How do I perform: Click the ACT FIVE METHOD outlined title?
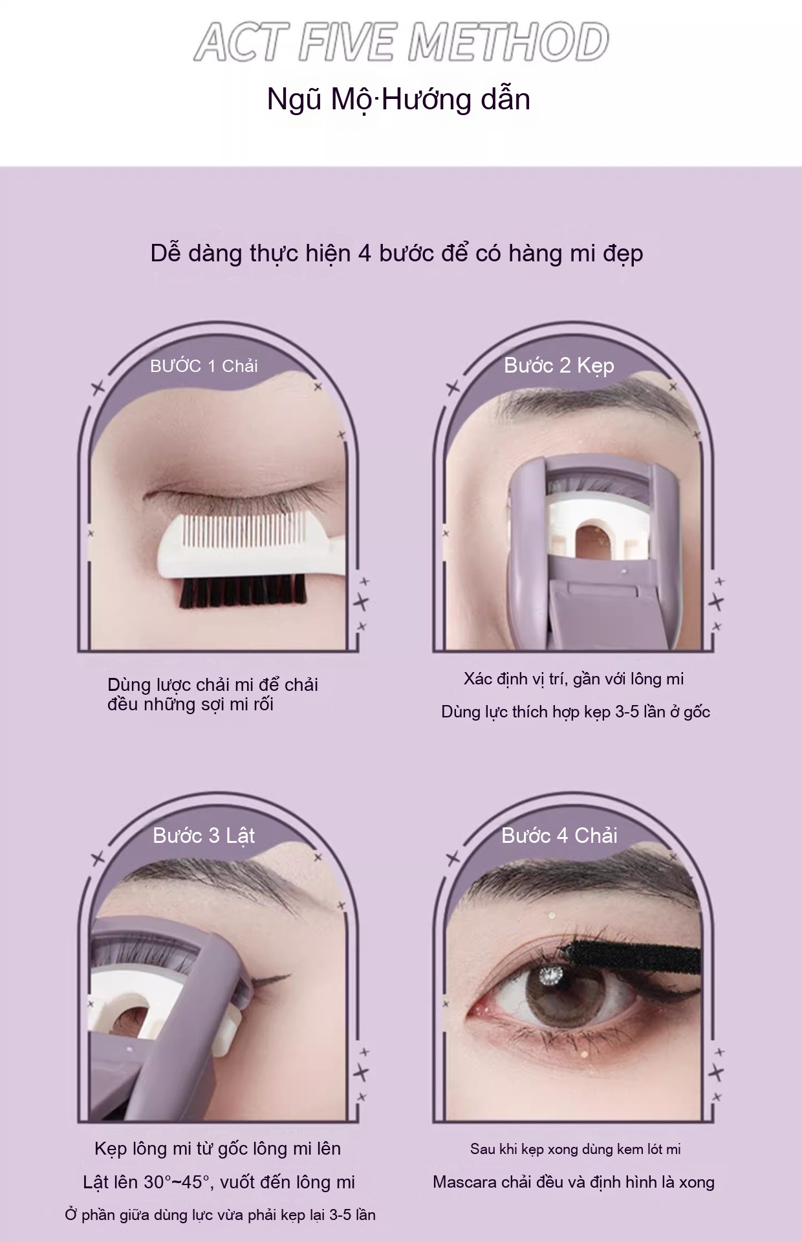click(x=401, y=43)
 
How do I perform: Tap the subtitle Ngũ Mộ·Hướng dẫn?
click(x=399, y=100)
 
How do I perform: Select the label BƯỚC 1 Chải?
click(x=204, y=366)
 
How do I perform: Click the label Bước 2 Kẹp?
click(x=559, y=366)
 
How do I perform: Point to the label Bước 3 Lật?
click(x=204, y=836)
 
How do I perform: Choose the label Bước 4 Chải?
click(x=559, y=836)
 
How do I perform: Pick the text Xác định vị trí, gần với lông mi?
click(x=574, y=679)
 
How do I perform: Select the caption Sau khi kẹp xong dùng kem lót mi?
click(x=576, y=1149)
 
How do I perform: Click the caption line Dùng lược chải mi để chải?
click(x=213, y=685)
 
